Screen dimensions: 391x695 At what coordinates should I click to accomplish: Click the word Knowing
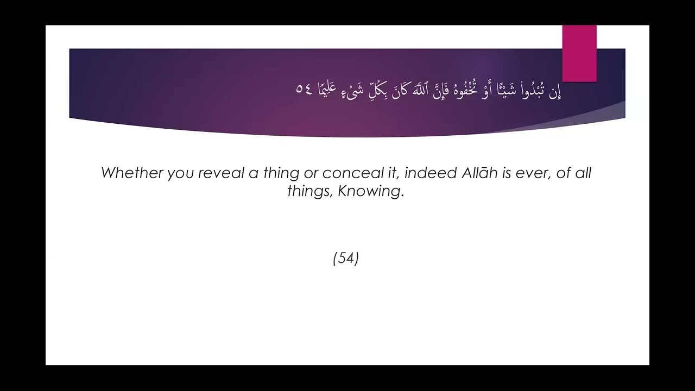(371, 192)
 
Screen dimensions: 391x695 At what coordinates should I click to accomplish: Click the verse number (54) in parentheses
(346, 258)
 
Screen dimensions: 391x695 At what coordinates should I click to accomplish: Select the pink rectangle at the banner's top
(579, 53)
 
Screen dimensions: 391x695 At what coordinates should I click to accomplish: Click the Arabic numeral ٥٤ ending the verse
(304, 89)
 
